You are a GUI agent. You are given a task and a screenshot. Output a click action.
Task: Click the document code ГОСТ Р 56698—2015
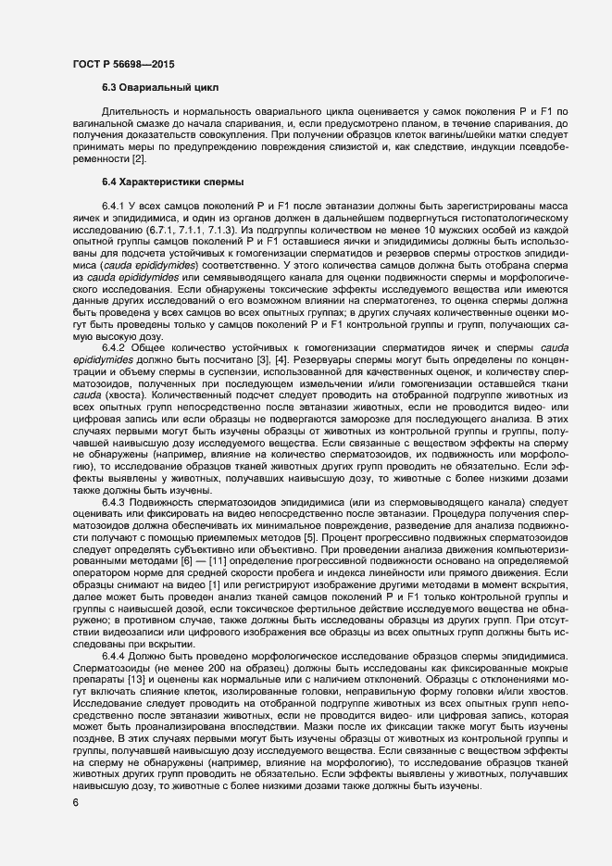point(122,63)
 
